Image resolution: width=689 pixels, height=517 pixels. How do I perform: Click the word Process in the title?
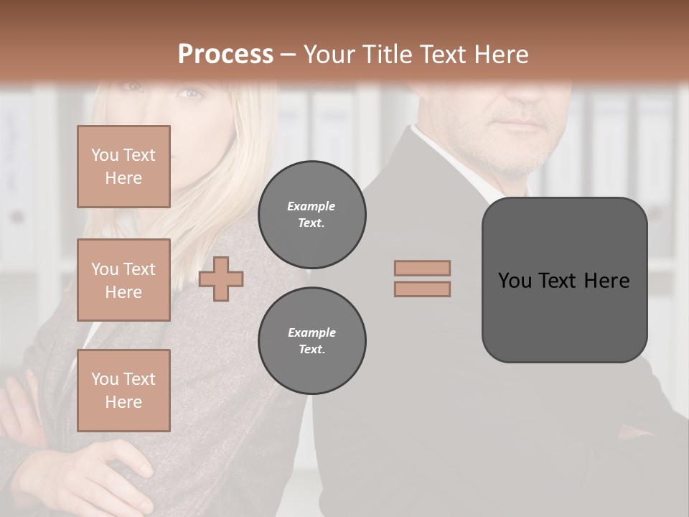[225, 55]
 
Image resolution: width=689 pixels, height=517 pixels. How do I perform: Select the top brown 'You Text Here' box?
[123, 167]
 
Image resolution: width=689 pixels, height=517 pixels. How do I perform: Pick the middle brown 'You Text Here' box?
[123, 280]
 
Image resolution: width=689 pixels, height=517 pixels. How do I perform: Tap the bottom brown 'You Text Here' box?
[123, 391]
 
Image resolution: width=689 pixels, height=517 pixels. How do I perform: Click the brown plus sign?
[221, 279]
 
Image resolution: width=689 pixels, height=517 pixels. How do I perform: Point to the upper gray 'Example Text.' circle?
[312, 215]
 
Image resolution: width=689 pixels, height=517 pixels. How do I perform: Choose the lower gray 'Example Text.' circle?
[312, 341]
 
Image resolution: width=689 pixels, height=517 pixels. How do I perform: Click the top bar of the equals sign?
[422, 268]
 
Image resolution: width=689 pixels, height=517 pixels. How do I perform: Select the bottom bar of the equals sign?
[422, 289]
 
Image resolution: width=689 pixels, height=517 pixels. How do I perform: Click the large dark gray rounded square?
[564, 316]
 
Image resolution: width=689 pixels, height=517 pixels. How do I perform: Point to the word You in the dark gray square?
[515, 281]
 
